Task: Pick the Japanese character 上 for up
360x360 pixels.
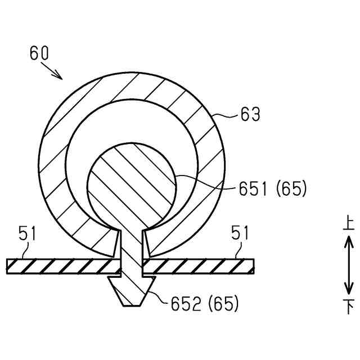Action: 348,224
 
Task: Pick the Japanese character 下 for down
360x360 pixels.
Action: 349,307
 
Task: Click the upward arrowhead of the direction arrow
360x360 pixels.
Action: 349,241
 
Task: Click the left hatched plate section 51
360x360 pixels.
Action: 62,266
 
